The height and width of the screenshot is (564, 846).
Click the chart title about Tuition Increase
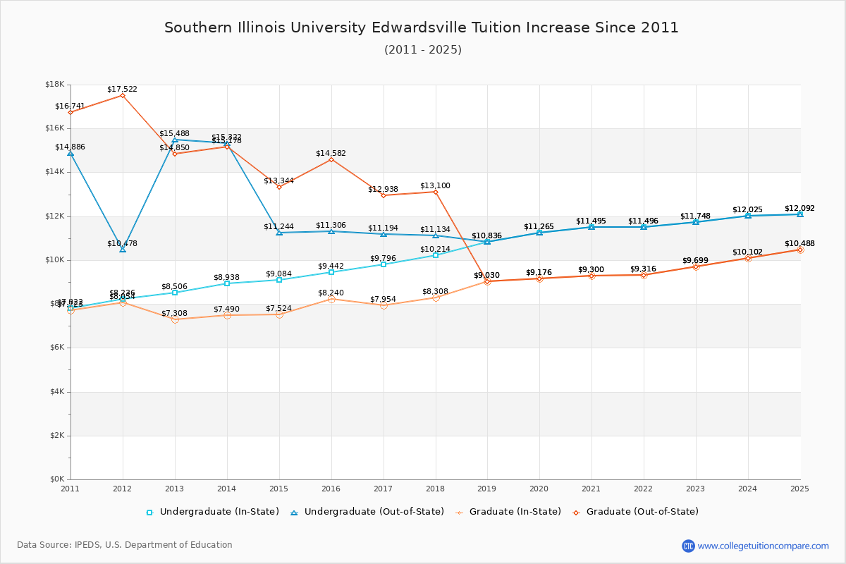pos(422,27)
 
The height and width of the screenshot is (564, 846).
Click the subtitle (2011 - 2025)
pos(422,50)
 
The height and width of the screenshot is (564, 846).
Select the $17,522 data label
pos(122,90)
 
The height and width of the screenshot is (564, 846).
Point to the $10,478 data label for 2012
pos(122,243)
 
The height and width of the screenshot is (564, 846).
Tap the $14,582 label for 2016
pos(331,153)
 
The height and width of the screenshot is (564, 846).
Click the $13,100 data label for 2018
pos(435,186)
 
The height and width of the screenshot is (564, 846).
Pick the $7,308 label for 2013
pos(174,313)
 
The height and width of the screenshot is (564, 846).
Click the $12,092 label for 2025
pos(799,209)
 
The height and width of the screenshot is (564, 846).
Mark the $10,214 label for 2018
pos(435,249)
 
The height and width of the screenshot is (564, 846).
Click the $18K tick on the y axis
pos(54,85)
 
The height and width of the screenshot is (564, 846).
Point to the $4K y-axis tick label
pos(56,392)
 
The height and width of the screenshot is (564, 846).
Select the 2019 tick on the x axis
pos(487,489)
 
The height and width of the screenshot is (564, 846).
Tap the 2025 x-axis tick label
pos(799,489)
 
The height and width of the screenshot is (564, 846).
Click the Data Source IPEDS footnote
pos(125,545)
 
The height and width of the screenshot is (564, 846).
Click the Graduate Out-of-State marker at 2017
pos(384,195)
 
